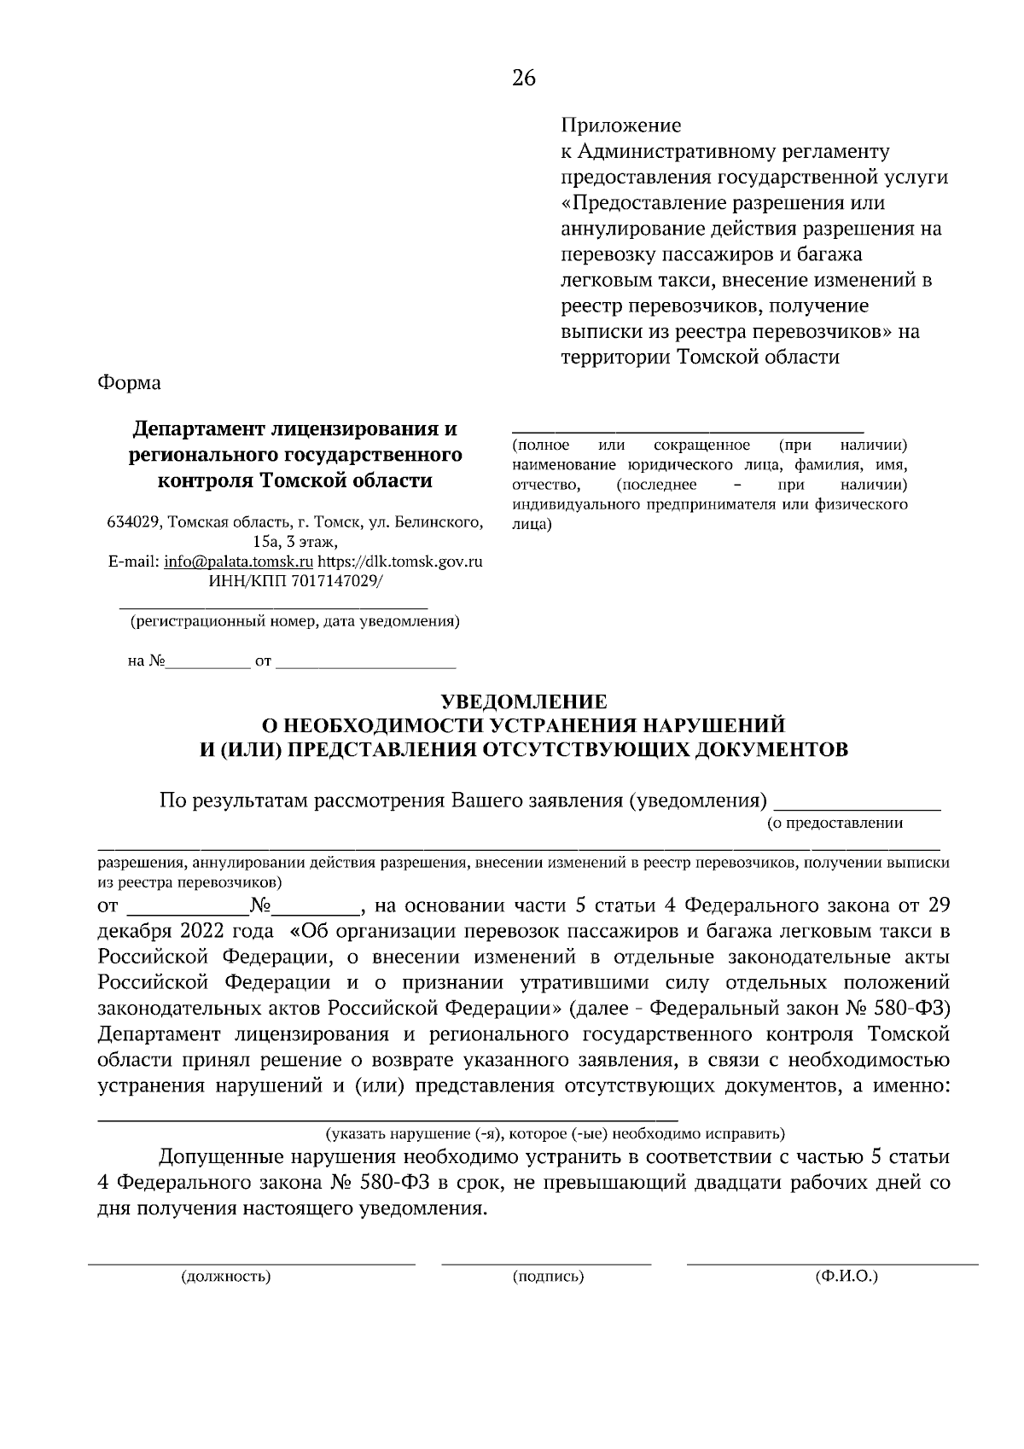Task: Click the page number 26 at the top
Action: [x=523, y=79]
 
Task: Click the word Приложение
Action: [x=620, y=126]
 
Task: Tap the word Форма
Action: [x=129, y=383]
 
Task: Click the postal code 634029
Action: [x=132, y=522]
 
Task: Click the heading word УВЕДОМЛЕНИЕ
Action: [x=522, y=701]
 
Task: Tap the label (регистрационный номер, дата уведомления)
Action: [x=294, y=621]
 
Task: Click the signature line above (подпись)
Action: [x=546, y=1262]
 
